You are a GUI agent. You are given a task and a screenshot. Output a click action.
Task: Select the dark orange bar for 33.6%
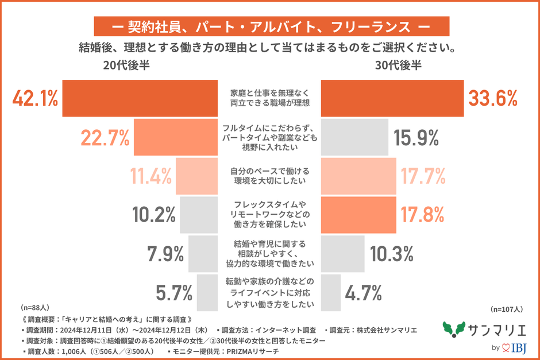pyautogui.click(x=391, y=99)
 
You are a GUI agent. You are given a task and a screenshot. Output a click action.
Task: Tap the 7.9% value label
pyautogui.click(x=163, y=253)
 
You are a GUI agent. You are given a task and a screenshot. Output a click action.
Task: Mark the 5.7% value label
pyautogui.click(x=174, y=293)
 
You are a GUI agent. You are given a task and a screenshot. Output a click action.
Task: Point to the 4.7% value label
pyautogui.click(x=363, y=293)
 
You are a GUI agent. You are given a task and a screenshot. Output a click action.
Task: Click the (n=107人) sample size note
pyautogui.click(x=506, y=309)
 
